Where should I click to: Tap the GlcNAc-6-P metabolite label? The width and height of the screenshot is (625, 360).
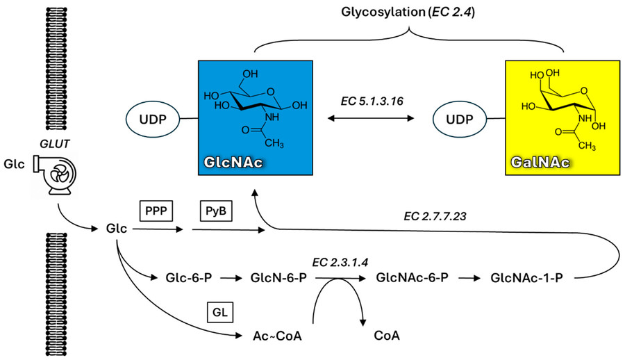411,278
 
